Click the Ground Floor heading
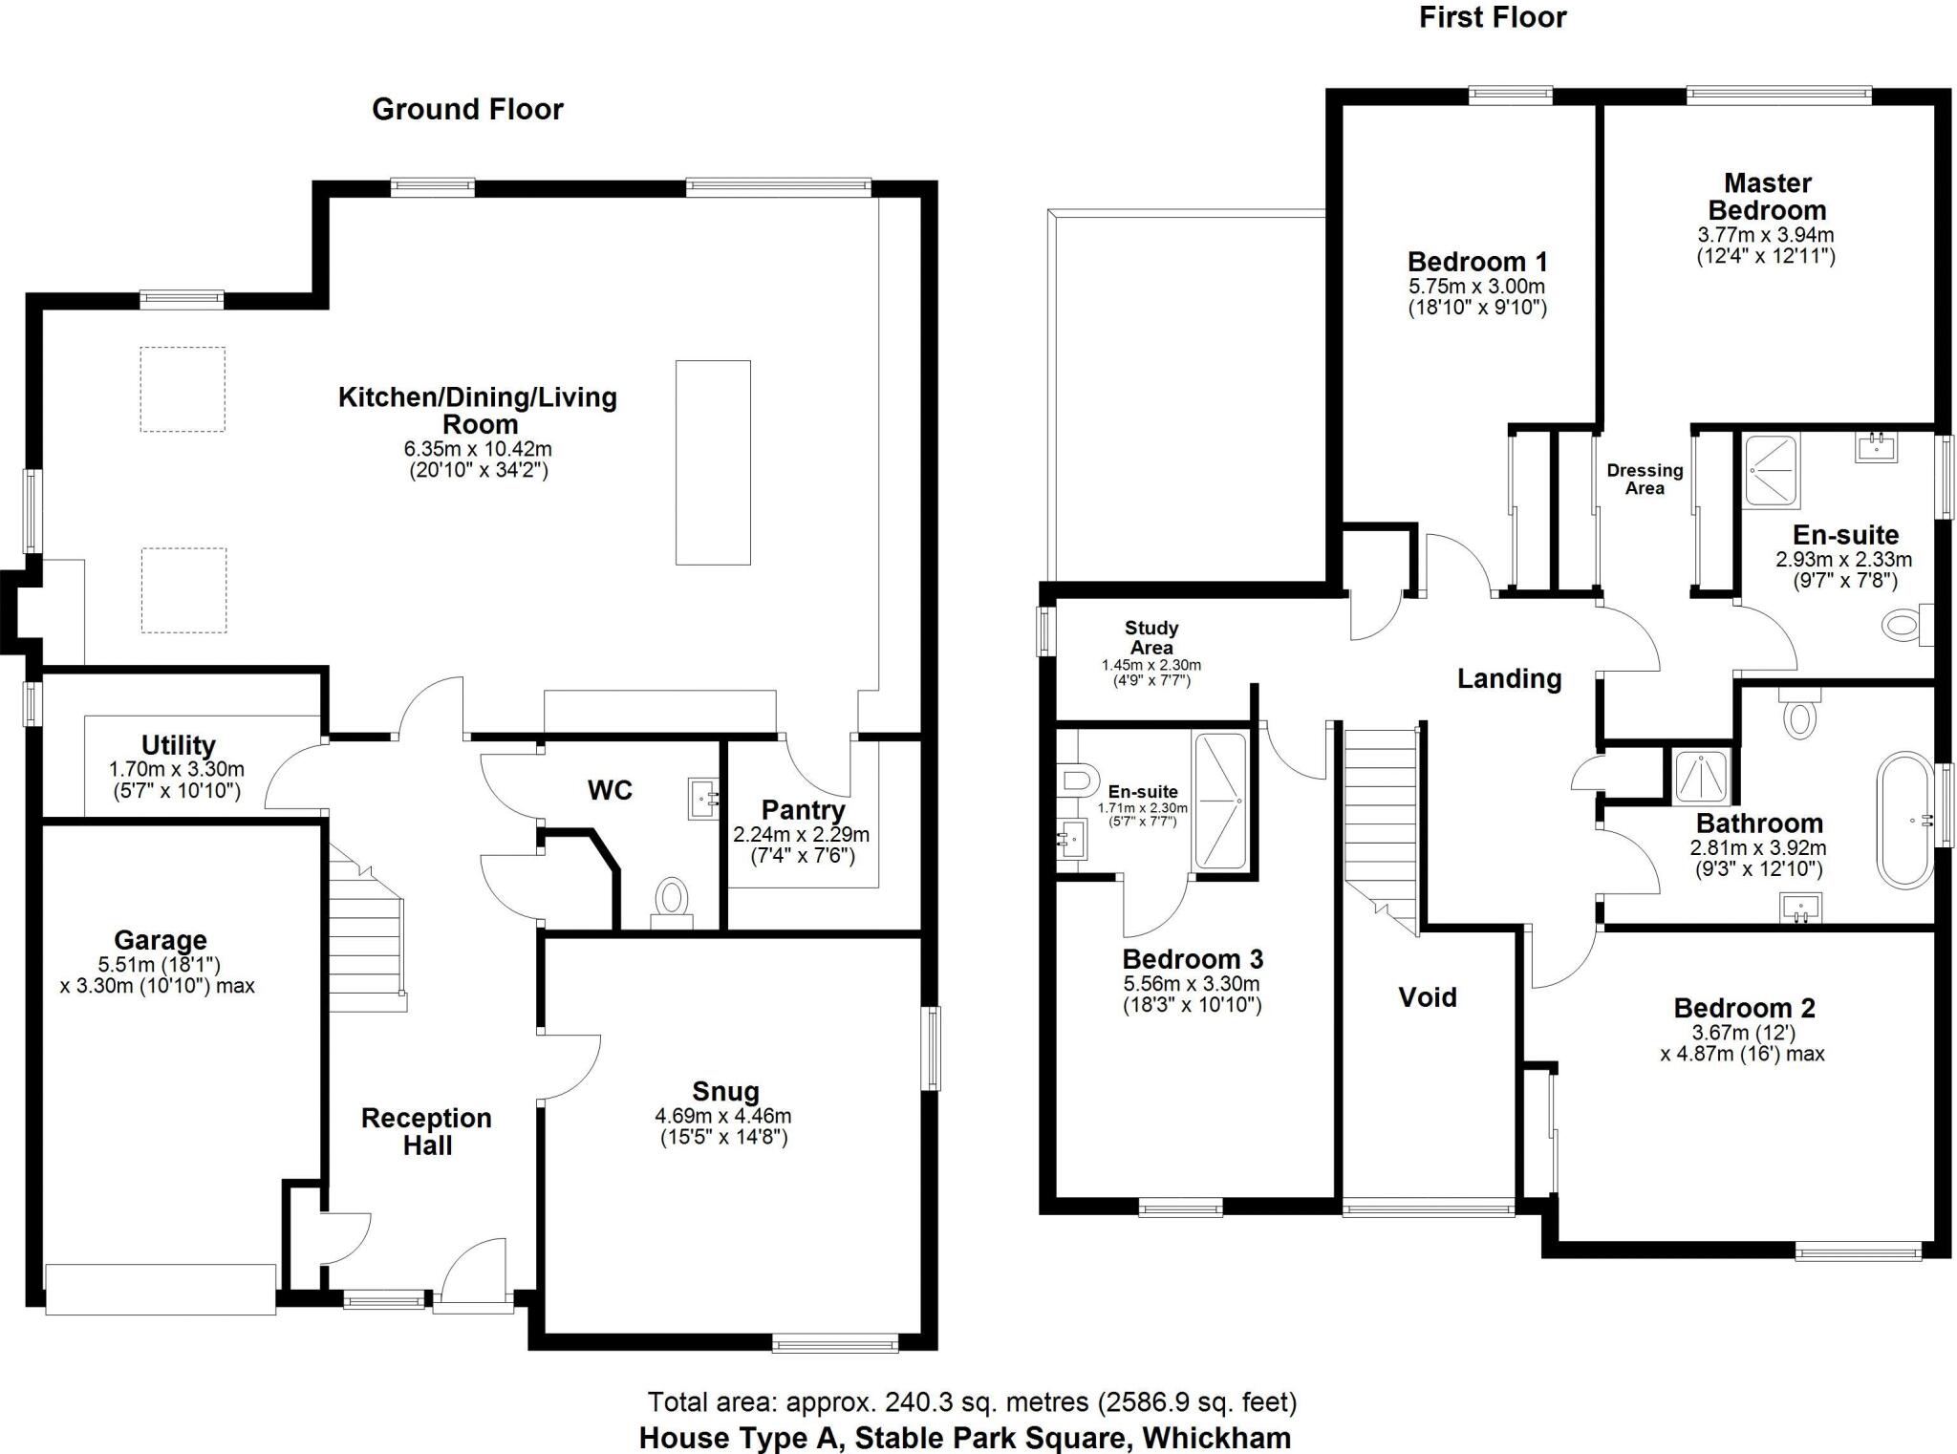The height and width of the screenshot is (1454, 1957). (467, 110)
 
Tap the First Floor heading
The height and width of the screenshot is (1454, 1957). (1493, 17)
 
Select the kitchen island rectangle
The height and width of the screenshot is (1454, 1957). (713, 462)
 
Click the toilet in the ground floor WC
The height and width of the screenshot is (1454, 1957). (672, 899)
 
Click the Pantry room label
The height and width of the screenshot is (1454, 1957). (803, 810)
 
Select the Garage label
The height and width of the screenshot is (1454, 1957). (161, 940)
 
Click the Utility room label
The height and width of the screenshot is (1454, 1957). (179, 745)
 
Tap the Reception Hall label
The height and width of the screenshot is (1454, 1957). (426, 1132)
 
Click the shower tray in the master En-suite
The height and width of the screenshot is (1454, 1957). (1771, 470)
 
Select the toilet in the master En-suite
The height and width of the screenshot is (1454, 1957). (1905, 626)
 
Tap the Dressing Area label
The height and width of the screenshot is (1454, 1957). (1645, 479)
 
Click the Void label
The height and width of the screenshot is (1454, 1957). (1427, 997)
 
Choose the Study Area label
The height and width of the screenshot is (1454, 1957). (1151, 637)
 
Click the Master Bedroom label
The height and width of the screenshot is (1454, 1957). (1767, 197)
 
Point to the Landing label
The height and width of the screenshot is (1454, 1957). (1509, 679)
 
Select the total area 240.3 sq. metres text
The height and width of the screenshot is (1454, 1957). (972, 1402)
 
